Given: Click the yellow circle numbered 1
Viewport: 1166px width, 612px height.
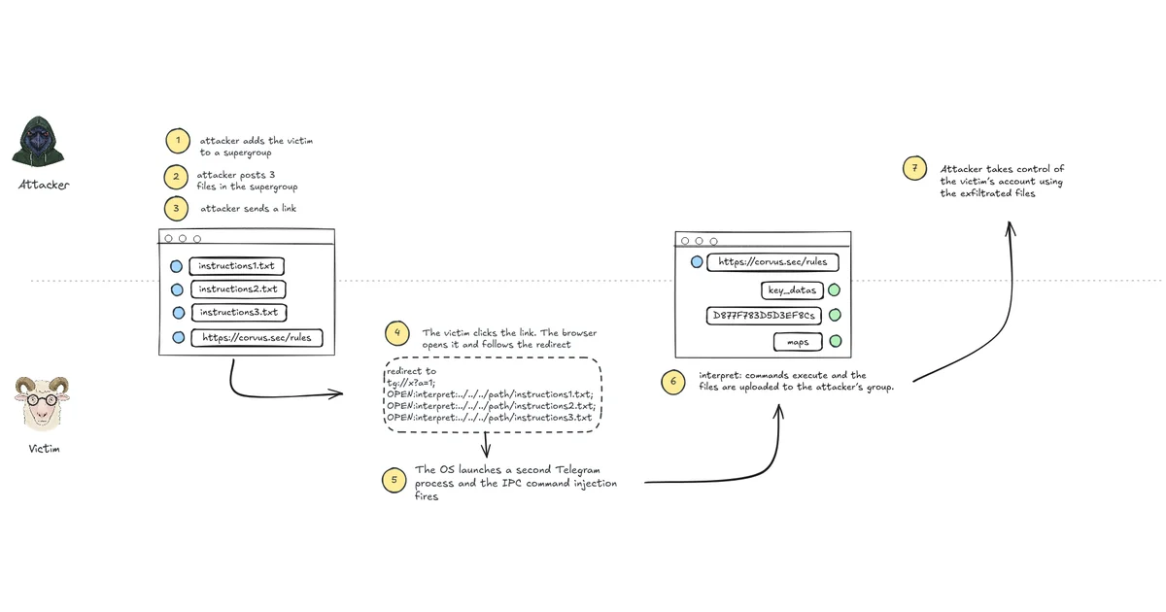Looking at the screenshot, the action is pyautogui.click(x=178, y=141).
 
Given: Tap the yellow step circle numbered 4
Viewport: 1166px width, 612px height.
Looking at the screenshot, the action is pyautogui.click(x=397, y=333).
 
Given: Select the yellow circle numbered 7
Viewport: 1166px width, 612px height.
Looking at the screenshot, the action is pyautogui.click(x=914, y=168).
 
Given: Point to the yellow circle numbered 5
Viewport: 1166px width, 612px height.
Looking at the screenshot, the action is pyautogui.click(x=394, y=480).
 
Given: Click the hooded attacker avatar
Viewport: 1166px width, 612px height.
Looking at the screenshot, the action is pyautogui.click(x=38, y=141).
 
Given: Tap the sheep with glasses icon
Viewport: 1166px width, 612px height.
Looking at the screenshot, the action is pyautogui.click(x=42, y=404).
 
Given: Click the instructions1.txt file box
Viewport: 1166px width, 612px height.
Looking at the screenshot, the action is pyautogui.click(x=236, y=266).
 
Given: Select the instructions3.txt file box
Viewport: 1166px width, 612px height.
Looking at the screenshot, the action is pyautogui.click(x=239, y=312).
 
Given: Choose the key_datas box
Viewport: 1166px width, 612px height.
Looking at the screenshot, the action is pyautogui.click(x=792, y=290).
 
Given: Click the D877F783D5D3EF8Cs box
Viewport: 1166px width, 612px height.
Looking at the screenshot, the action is pyautogui.click(x=764, y=316).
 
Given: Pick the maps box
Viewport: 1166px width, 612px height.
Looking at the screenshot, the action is pyautogui.click(x=798, y=342).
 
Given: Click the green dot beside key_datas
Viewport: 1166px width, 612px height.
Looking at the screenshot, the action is pyautogui.click(x=834, y=289).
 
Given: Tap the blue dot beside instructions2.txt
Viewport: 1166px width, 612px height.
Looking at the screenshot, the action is pyautogui.click(x=177, y=289).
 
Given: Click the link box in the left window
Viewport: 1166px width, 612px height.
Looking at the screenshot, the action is pyautogui.click(x=257, y=338).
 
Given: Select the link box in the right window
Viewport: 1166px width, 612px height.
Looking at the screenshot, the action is pyautogui.click(x=772, y=262).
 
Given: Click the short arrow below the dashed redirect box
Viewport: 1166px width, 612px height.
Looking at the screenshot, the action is pyautogui.click(x=486, y=445).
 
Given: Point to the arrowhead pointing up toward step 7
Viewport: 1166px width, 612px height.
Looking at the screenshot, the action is pyautogui.click(x=1010, y=228).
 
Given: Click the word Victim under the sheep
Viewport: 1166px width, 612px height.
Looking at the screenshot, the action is pyautogui.click(x=45, y=449).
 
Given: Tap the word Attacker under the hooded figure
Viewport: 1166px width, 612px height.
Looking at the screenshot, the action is pyautogui.click(x=44, y=185).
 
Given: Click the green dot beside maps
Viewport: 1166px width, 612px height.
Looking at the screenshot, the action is pyautogui.click(x=836, y=341).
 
